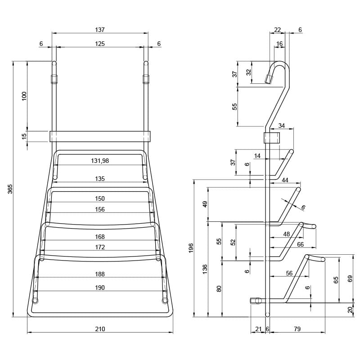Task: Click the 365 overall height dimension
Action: point(10,189)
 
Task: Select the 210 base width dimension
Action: point(100,329)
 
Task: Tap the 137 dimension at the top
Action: point(100,30)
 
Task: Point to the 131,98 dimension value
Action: point(100,161)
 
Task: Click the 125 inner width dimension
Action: point(100,44)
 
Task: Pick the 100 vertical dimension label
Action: point(24,96)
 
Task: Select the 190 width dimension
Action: point(100,288)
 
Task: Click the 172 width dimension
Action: point(100,247)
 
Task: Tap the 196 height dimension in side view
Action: point(191,248)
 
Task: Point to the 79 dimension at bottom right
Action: point(297,329)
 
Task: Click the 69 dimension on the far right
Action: point(350,279)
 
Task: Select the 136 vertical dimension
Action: point(205,269)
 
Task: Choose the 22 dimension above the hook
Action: point(277,30)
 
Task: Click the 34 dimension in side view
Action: point(282,126)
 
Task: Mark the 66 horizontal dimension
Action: point(300,244)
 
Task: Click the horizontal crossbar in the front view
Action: point(100,136)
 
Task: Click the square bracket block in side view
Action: point(272,137)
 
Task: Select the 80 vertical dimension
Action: point(219,288)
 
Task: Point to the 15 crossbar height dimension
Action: point(24,136)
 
